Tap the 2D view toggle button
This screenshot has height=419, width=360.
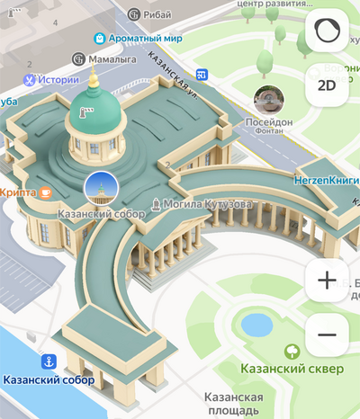pos(327,85)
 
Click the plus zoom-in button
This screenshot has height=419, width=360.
pos(327,281)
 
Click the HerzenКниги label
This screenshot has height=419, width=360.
pos(326,180)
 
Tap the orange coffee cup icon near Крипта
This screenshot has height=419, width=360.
pos(44,192)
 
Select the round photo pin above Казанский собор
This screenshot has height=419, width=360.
pos(101,188)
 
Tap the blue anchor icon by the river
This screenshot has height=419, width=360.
pos(49,361)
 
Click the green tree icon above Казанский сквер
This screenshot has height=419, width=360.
pos(291,352)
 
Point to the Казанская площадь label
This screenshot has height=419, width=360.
pos(233,404)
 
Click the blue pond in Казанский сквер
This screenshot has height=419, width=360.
pos(256,325)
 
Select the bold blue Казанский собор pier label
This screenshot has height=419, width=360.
pos(49,379)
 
